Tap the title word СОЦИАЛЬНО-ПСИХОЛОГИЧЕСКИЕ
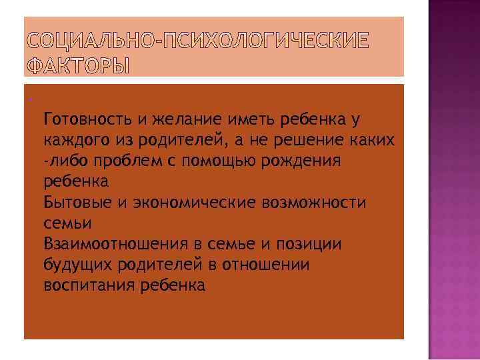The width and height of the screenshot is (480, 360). tap(199, 41)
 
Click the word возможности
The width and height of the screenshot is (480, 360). tap(313, 202)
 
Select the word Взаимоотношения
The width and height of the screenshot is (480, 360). tap(109, 243)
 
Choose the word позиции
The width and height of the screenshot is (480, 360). tap(312, 243)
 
